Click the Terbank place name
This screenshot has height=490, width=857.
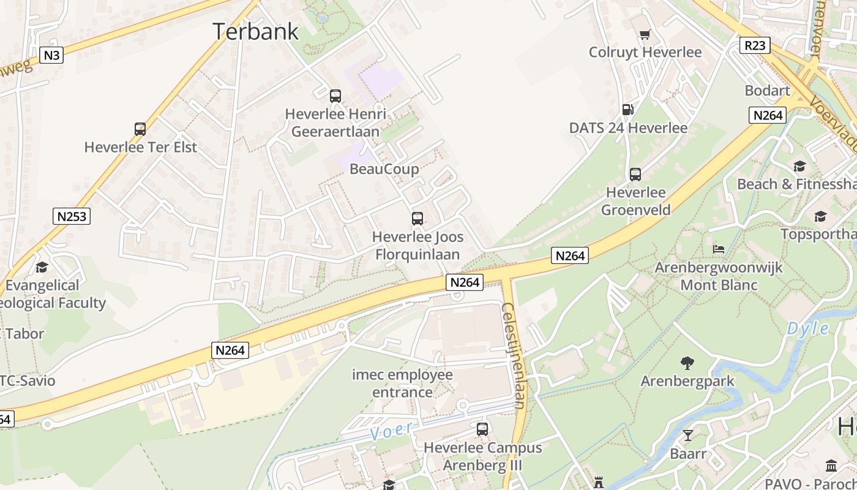256,31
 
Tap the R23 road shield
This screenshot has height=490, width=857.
754,45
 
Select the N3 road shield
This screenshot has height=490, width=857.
52,55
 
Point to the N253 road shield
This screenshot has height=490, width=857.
72,216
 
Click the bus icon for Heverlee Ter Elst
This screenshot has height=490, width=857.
140,129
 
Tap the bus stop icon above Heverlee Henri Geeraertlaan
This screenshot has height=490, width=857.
335,96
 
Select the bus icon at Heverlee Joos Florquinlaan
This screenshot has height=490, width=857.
417,218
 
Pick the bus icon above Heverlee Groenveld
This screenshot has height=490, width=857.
635,174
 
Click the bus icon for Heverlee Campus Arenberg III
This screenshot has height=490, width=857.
482,429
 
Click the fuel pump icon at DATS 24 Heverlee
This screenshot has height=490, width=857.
627,110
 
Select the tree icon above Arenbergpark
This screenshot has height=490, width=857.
687,363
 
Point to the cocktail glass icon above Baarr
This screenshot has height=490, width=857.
688,435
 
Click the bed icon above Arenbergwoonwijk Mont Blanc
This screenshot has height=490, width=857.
719,249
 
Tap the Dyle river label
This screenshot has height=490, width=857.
807,329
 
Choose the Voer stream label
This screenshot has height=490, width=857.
391,430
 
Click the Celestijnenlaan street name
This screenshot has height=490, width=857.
514,355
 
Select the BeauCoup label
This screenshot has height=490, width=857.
384,168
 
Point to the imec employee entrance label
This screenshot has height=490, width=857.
402,383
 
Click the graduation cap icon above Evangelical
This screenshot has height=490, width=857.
42,267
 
